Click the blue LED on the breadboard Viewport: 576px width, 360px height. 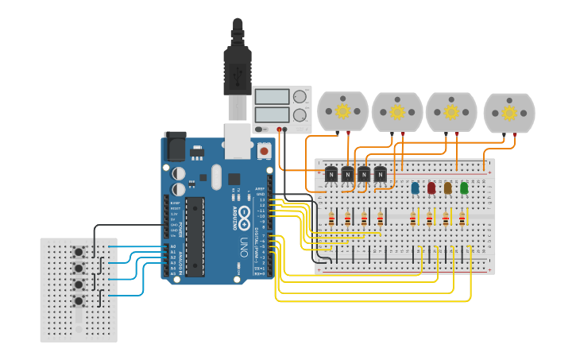coord(415,188)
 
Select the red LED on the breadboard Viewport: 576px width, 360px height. coord(431,188)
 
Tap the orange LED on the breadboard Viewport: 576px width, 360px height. coord(447,188)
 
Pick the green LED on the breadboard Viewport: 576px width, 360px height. coord(464,188)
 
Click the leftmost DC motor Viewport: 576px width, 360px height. coord(343,111)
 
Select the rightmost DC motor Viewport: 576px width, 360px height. coord(509,112)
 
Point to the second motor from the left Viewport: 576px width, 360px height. coord(397,111)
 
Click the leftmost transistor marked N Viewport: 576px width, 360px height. coord(331,174)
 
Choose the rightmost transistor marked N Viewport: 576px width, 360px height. coord(380,174)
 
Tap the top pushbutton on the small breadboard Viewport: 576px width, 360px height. coord(79,253)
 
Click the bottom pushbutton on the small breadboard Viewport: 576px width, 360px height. coord(79,301)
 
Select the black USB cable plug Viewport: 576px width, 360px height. coord(237,68)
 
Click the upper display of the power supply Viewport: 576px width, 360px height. coord(272,97)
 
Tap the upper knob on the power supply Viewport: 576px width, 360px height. coord(300,97)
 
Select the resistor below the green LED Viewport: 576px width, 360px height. coord(463,219)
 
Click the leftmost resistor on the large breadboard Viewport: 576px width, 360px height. coord(331,219)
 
